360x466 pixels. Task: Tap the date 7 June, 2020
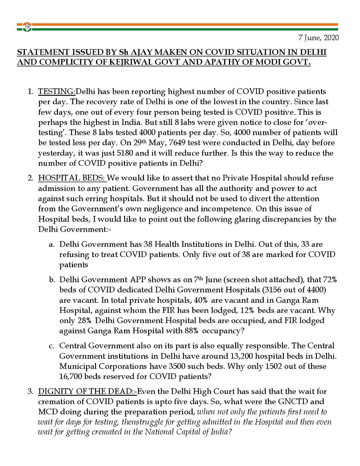pyautogui.click(x=319, y=38)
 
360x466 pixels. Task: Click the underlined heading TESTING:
pyautogui.click(x=57, y=92)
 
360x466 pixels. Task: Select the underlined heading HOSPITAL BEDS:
pyautogui.click(x=72, y=178)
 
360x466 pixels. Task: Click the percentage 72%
pyautogui.click(x=330, y=280)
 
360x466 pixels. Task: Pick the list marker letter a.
pyautogui.click(x=52, y=245)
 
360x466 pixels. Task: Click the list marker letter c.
pyautogui.click(x=52, y=346)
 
